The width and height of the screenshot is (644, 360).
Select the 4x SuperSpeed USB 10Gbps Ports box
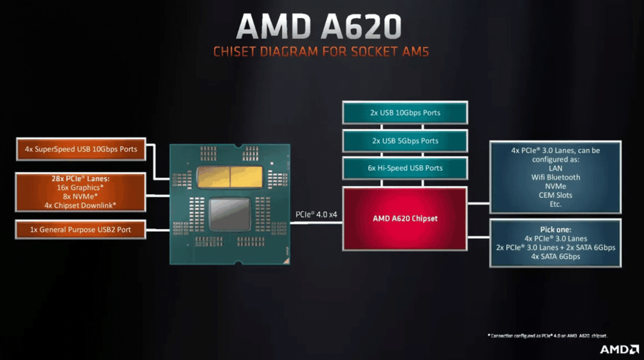[81, 149]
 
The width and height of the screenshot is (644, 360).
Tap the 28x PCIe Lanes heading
[81, 179]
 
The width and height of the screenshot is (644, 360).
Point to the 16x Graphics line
[81, 188]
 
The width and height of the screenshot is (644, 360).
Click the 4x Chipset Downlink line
[81, 205]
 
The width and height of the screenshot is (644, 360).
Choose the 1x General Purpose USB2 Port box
[81, 230]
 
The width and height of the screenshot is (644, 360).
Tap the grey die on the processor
[230, 215]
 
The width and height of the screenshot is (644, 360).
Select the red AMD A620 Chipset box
[405, 219]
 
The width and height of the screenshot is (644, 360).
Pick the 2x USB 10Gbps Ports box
[405, 113]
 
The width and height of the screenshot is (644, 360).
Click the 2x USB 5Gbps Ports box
[405, 141]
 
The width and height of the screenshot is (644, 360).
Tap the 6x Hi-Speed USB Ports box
[405, 168]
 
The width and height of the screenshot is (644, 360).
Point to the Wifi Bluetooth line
[555, 177]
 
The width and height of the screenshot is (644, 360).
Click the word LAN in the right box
[555, 168]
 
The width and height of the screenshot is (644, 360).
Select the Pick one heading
[555, 230]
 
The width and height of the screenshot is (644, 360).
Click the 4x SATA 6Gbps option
[555, 257]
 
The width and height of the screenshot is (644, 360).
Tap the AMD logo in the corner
[618, 349]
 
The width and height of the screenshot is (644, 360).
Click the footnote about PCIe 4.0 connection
[547, 335]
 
